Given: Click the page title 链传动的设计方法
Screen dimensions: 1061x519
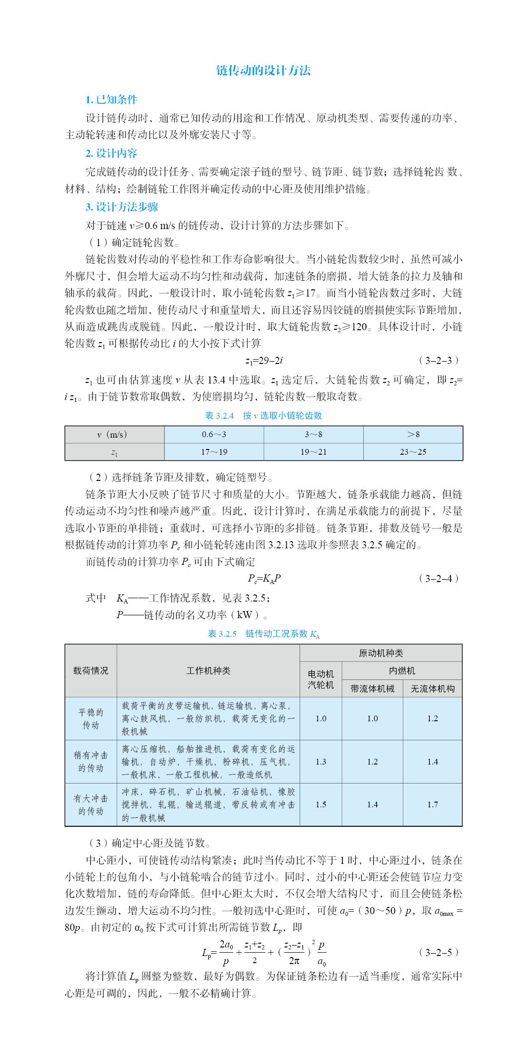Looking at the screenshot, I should pyautogui.click(x=263, y=70).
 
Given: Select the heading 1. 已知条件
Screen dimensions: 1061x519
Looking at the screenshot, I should pyautogui.click(x=111, y=99).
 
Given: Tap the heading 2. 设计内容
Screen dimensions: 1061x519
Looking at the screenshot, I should pyautogui.click(x=111, y=153).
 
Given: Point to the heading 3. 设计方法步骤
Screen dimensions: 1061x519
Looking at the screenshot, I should pyautogui.click(x=122, y=207).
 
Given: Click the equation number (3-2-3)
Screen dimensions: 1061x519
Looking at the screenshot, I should pyautogui.click(x=439, y=360).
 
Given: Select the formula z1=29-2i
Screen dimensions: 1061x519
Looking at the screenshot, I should pyautogui.click(x=264, y=360).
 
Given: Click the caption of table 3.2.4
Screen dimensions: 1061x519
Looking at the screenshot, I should pyautogui.click(x=263, y=415).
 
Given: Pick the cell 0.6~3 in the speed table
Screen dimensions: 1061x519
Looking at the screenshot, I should pyautogui.click(x=214, y=434).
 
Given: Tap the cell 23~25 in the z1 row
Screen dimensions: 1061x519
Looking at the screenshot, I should pyautogui.click(x=413, y=452).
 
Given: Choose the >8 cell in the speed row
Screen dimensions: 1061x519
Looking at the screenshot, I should pyautogui.click(x=413, y=434).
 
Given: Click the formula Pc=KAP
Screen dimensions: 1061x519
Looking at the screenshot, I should pyautogui.click(x=264, y=578).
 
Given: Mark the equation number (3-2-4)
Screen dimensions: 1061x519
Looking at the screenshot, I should pyautogui.click(x=439, y=578).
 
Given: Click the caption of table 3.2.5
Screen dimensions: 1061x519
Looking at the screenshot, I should pyautogui.click(x=264, y=634).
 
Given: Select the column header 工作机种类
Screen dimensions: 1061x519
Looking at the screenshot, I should pyautogui.click(x=208, y=670).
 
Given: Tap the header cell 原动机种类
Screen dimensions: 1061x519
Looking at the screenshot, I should pyautogui.click(x=381, y=653).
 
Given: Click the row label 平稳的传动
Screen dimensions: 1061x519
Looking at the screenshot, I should pyautogui.click(x=91, y=718).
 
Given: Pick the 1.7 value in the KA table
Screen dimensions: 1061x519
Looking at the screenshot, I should pyautogui.click(x=432, y=804).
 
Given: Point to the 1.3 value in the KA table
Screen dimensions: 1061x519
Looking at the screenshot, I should pyautogui.click(x=321, y=762).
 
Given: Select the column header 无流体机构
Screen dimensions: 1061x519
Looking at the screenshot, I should pyautogui.click(x=432, y=688).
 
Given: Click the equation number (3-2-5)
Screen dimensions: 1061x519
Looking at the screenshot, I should pyautogui.click(x=439, y=952).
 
